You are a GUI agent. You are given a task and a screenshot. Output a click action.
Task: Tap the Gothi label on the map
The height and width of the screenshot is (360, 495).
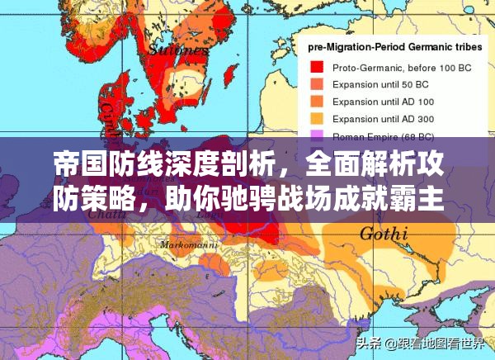tap(385, 234)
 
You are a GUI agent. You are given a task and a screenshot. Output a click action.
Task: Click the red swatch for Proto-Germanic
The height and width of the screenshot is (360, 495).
tap(317, 67)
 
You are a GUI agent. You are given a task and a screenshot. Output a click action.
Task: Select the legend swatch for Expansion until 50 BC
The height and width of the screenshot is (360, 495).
tap(317, 83)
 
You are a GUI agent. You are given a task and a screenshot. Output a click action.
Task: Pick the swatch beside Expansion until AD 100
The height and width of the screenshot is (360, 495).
tap(317, 101)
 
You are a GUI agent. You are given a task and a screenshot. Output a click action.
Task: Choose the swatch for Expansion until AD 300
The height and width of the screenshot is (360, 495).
tap(317, 118)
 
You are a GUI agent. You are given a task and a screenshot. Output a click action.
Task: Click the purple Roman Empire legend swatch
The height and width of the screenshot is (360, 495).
tap(317, 135)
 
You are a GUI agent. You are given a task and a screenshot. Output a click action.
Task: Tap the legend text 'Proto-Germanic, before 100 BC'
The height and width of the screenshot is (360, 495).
tap(389, 67)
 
